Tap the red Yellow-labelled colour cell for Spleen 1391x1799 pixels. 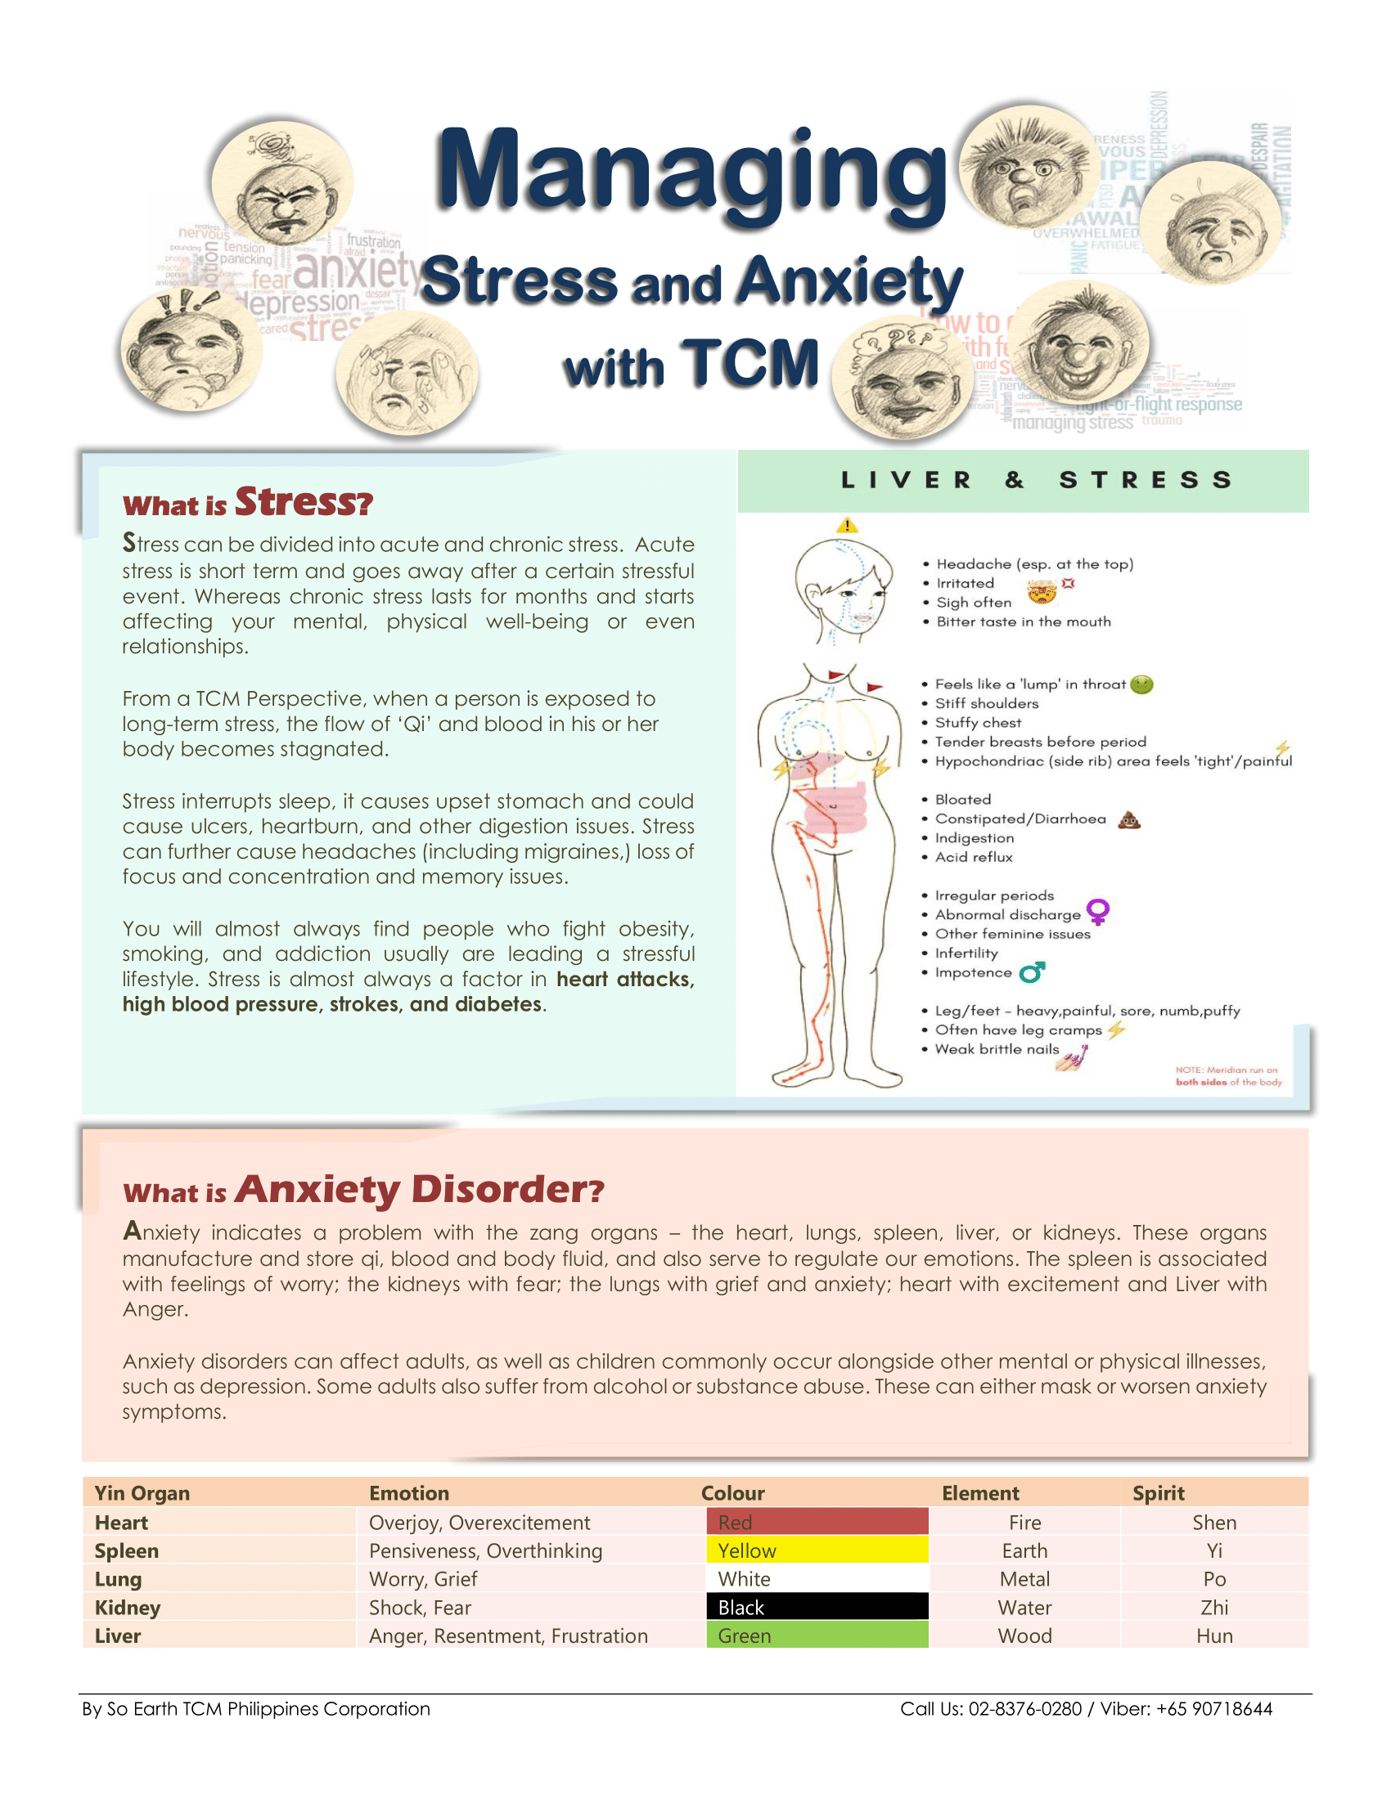(817, 1550)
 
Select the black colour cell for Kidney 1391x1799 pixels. (817, 1607)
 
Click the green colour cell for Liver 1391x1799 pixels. (817, 1635)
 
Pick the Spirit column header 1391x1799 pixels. (1158, 1493)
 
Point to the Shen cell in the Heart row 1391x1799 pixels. (1213, 1523)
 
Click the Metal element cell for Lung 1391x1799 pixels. (1024, 1579)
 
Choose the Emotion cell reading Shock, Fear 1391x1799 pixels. (421, 1607)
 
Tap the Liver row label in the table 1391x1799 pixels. (118, 1636)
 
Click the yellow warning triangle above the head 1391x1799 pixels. (847, 526)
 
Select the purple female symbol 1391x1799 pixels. (1097, 912)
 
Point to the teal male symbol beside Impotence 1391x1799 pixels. (1033, 972)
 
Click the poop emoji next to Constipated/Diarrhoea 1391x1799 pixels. (1129, 819)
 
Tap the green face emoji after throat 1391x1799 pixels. (1141, 684)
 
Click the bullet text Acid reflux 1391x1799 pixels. (973, 857)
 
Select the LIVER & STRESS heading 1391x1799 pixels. (1037, 480)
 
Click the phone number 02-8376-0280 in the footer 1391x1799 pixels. (1024, 1708)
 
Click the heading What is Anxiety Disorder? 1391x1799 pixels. (363, 1190)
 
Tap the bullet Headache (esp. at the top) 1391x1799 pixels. (1034, 564)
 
